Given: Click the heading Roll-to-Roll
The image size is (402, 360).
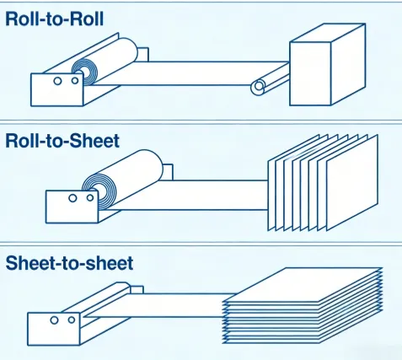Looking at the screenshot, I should click(55, 19).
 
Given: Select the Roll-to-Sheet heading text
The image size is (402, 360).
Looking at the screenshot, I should click(62, 140).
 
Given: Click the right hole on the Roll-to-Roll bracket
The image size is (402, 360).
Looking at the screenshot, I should click(73, 82).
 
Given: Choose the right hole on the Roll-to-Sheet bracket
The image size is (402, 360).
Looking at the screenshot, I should click(89, 199).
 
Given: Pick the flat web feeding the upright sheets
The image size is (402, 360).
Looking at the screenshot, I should click(202, 191).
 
